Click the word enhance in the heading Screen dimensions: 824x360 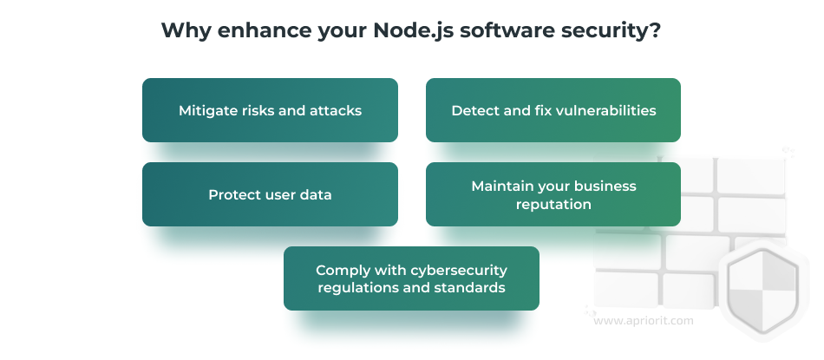[x=264, y=30]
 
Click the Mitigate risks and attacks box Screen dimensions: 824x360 [x=270, y=110]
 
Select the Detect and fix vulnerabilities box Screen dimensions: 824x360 [x=553, y=110]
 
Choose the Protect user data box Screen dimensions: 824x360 [x=270, y=194]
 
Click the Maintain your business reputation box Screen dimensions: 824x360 [x=553, y=194]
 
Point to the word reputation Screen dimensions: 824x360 [x=553, y=205]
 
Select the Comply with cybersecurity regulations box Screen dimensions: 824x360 [x=411, y=278]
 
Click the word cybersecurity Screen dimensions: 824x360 [x=459, y=271]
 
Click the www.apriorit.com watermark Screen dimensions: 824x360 [x=644, y=321]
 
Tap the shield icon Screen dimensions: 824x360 [x=762, y=290]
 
